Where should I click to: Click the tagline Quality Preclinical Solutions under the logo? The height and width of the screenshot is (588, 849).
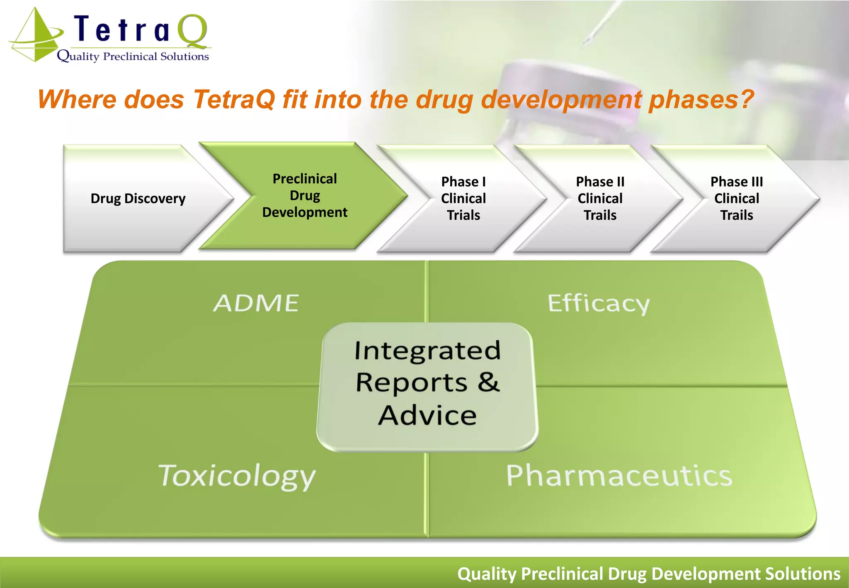[x=133, y=56]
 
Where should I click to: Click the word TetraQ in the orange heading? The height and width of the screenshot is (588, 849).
[x=234, y=100]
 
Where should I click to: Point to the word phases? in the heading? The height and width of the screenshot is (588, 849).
[x=701, y=100]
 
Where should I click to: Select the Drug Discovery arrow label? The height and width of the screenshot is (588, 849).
[x=138, y=199]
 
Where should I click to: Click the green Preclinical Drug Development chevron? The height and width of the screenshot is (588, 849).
[x=305, y=196]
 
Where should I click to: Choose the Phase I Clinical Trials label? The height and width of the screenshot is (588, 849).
[x=463, y=199]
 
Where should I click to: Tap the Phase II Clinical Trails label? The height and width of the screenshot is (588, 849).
[x=600, y=199]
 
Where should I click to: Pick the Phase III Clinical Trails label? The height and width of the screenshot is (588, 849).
[x=737, y=199]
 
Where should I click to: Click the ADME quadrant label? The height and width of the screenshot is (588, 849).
[x=256, y=303]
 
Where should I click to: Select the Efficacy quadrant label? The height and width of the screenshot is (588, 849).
[x=598, y=304]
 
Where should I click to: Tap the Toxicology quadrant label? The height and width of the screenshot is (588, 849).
[x=237, y=476]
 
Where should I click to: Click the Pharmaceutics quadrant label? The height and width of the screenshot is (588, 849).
[x=619, y=476]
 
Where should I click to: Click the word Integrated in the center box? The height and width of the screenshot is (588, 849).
[x=427, y=351]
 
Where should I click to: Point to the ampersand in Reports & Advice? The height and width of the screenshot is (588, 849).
[x=489, y=382]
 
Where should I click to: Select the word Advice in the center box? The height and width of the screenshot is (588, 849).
[x=427, y=415]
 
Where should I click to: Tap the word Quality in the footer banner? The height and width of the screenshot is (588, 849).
[x=487, y=574]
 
